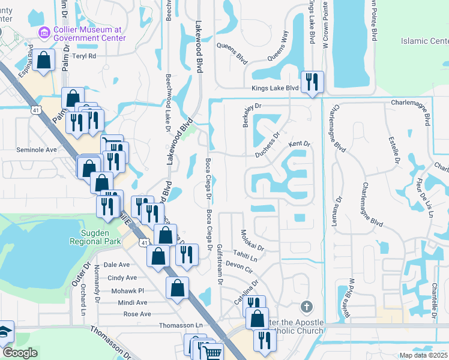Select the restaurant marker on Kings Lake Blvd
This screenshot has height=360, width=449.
(x=312, y=82)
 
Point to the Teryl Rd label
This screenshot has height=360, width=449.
(x=84, y=56)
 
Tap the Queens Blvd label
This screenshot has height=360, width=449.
(x=232, y=53)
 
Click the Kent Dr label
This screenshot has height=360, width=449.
(x=299, y=144)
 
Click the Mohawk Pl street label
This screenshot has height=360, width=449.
(x=132, y=290)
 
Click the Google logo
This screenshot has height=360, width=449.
(x=20, y=353)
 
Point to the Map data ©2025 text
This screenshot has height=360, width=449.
(x=424, y=355)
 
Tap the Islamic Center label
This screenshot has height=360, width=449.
(x=426, y=41)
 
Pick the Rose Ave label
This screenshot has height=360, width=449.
(x=137, y=314)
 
